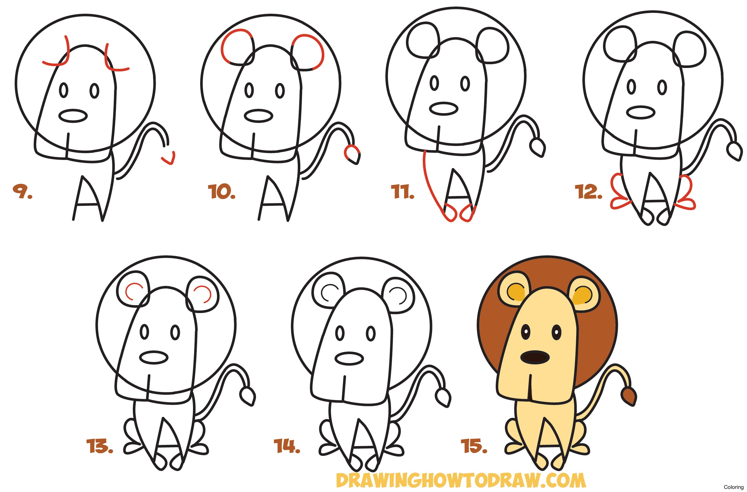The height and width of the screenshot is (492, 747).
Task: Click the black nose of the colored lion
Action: pyautogui.click(x=535, y=357)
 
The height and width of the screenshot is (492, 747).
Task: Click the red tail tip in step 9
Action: pyautogui.click(x=169, y=159)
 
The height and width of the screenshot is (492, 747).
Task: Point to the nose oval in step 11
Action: pyautogui.click(x=443, y=109)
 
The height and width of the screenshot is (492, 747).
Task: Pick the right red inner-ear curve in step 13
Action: pyautogui.click(x=205, y=294)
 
